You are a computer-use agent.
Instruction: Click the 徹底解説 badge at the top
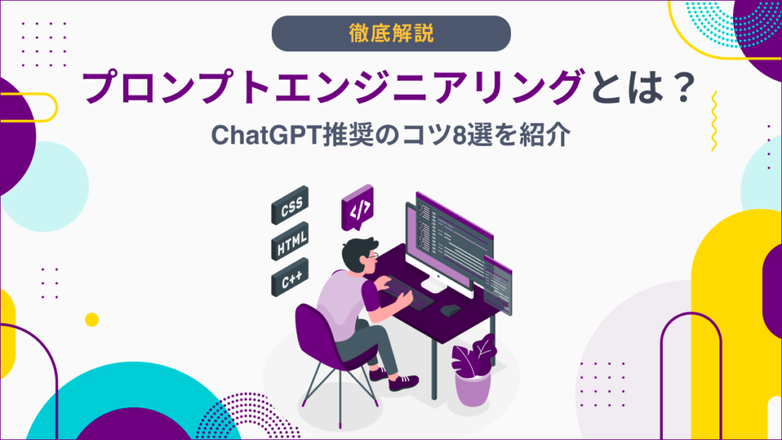(x=390, y=33)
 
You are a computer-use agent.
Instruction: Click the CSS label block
(x=288, y=209)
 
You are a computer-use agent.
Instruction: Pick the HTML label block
(x=290, y=244)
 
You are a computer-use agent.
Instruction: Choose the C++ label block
(x=289, y=282)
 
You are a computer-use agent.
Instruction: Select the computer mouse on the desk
(x=450, y=310)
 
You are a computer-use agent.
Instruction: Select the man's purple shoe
(x=403, y=382)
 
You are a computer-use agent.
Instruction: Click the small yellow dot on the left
(x=92, y=319)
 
